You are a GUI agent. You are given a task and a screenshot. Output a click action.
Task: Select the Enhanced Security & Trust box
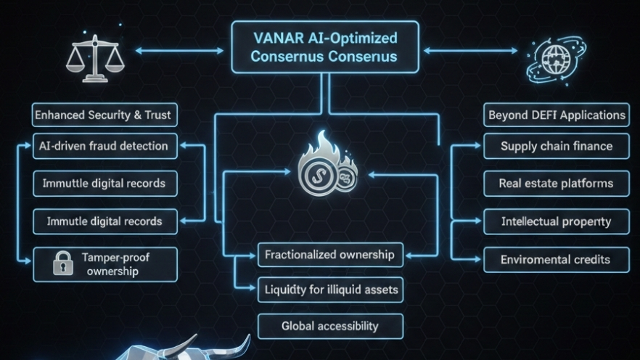pos(105,115)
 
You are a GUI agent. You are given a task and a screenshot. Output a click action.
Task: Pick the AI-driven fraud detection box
pos(105,146)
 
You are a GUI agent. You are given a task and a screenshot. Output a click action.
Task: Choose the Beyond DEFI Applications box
pos(557,115)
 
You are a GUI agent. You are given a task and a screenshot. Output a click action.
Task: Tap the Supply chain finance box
pos(557,146)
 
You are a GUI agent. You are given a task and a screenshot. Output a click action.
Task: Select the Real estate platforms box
pos(557,184)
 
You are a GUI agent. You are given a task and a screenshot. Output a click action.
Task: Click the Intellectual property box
pos(557,221)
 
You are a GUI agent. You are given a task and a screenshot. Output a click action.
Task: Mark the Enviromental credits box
pos(557,259)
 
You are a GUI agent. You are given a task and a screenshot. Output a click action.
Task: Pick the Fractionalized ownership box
pos(330,255)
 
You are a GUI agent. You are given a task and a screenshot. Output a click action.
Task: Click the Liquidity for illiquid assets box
pos(330,290)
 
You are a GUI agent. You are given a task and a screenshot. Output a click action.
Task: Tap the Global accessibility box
pos(330,326)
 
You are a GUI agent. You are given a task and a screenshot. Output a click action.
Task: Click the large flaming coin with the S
pos(316,173)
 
